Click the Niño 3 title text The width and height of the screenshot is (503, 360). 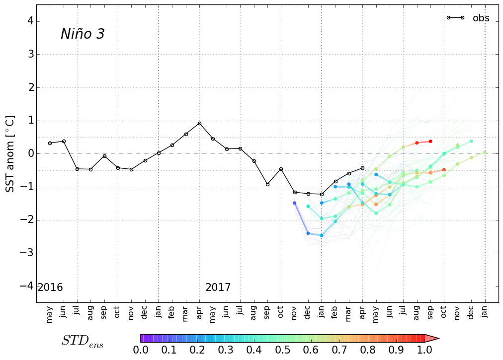[x=83, y=34]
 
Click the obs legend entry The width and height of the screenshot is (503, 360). [x=480, y=18]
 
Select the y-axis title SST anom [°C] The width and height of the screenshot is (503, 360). [x=10, y=154]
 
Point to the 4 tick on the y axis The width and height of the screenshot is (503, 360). [x=30, y=21]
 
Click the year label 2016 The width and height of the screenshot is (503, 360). [x=50, y=288]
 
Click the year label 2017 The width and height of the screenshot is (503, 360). [x=218, y=288]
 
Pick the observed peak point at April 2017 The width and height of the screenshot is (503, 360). [x=199, y=123]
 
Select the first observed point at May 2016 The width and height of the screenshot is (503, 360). [x=50, y=143]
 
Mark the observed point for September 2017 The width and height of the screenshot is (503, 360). [x=267, y=184]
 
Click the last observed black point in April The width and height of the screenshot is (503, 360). [x=362, y=168]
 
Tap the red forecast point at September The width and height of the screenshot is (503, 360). [x=430, y=142]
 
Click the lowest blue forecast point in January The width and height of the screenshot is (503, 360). [x=322, y=235]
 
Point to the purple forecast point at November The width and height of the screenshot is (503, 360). [x=294, y=203]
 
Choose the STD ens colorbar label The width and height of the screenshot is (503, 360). [x=83, y=341]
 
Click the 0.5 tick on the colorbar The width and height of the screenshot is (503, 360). [x=282, y=350]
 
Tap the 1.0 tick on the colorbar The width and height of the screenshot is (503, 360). [x=424, y=350]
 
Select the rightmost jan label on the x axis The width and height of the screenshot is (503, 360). [x=485, y=315]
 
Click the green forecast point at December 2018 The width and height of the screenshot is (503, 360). [x=471, y=141]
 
